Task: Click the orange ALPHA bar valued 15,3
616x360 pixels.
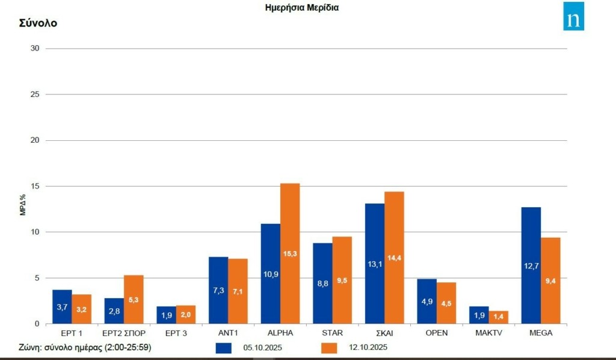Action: [x=290, y=253]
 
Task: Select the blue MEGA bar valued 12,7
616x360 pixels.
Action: [x=531, y=265]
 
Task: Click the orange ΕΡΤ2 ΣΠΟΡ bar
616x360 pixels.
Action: [x=134, y=299]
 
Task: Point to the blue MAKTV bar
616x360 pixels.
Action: [x=479, y=315]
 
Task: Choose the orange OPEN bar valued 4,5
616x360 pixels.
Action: [x=446, y=303]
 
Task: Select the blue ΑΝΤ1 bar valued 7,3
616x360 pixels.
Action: [x=218, y=290]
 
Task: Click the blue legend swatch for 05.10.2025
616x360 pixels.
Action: [x=224, y=348]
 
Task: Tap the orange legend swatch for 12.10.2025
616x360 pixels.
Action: [x=330, y=348]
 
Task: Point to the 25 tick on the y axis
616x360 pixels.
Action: [x=35, y=95]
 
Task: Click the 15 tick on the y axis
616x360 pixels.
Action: [x=35, y=186]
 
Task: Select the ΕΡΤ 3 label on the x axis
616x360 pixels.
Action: [x=176, y=332]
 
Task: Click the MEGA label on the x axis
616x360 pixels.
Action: [x=541, y=332]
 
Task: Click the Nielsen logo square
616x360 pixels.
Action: [x=573, y=16]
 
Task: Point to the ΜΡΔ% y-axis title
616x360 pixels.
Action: [x=22, y=205]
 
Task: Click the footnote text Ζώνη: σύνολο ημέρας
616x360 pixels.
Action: [x=84, y=347]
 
